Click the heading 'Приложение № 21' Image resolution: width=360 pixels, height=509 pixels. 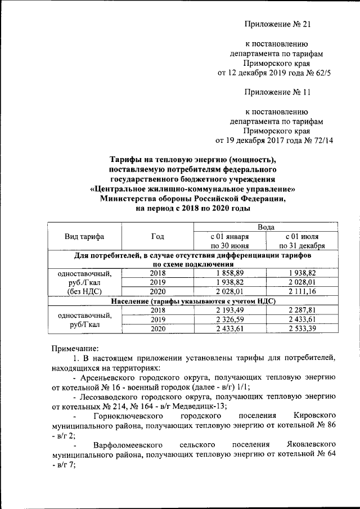coord(278,24)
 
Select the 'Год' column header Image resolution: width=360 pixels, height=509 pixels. coord(157,237)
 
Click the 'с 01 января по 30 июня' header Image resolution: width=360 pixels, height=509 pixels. coord(229,241)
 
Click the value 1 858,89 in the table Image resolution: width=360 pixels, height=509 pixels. coord(229,272)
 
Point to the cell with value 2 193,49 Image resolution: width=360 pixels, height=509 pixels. coord(229,310)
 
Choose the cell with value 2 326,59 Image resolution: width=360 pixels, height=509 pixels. coord(229,320)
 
